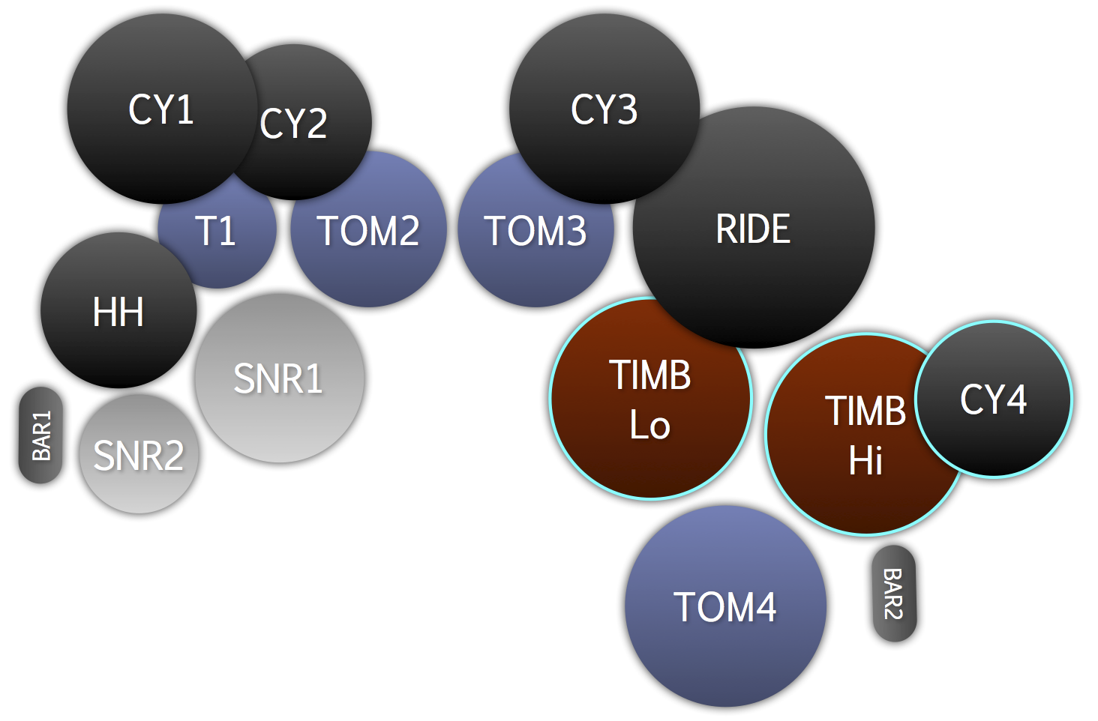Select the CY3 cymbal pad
[604, 109]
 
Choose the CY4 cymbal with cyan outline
[994, 399]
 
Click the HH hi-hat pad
[118, 311]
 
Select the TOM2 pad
[368, 230]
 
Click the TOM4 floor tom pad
[725, 606]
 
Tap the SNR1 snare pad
[279, 378]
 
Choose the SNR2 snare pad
[139, 455]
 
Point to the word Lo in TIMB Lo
[649, 425]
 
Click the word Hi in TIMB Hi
[865, 460]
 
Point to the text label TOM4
[725, 606]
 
